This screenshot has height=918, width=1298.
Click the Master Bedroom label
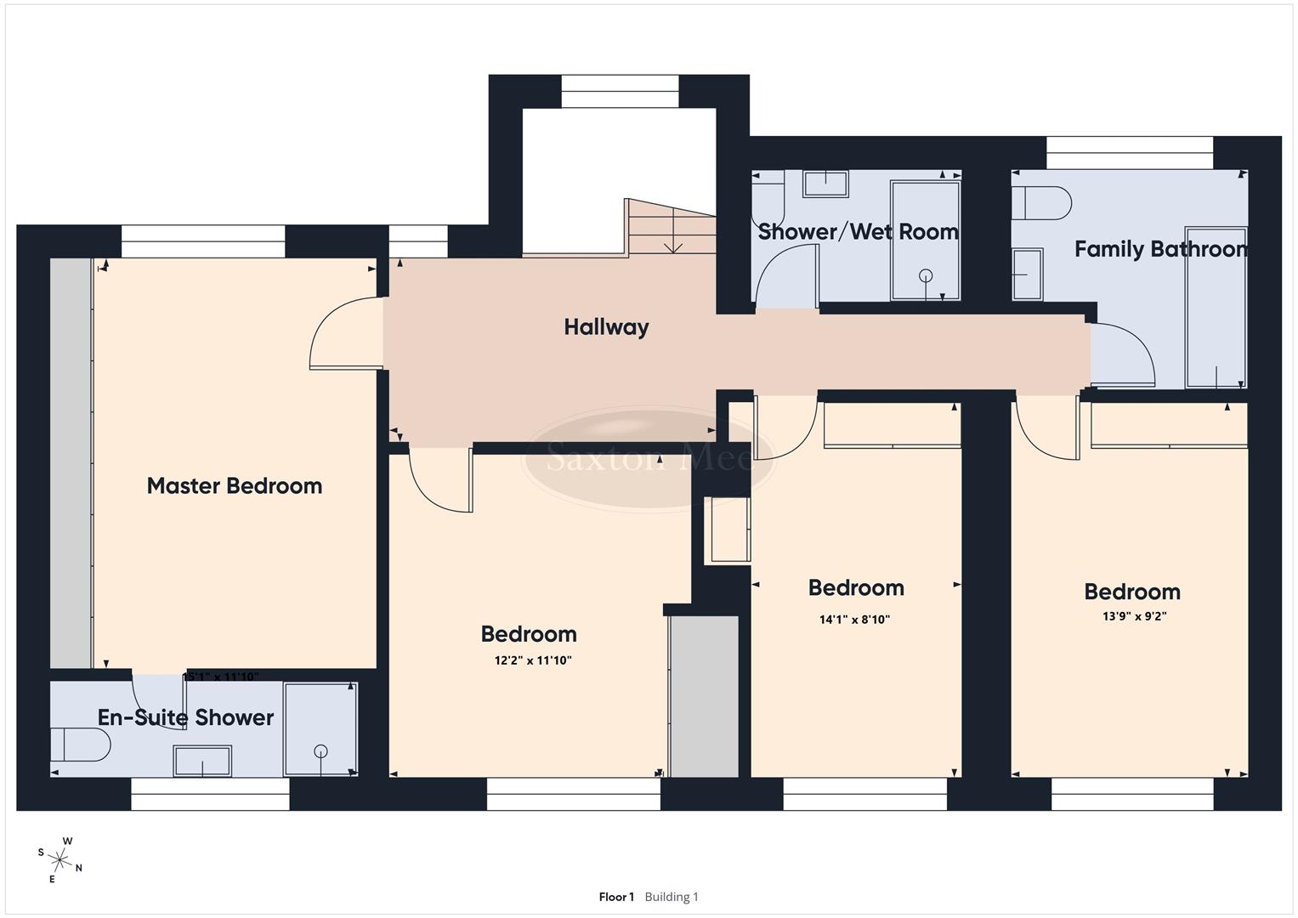(235, 486)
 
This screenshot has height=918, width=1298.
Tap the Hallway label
(606, 327)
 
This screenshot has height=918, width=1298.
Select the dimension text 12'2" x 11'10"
(529, 660)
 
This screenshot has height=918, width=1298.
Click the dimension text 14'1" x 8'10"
(854, 620)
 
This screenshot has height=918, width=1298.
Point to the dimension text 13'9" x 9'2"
(1134, 616)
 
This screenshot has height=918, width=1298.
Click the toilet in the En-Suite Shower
(80, 745)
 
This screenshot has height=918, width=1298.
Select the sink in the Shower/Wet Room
(825, 184)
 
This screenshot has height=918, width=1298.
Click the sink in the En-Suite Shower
(202, 761)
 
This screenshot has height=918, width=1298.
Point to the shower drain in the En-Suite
(320, 751)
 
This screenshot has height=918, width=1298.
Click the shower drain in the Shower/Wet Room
(926, 275)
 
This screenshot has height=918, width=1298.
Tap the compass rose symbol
(60, 858)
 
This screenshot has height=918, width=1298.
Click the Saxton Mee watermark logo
(649, 459)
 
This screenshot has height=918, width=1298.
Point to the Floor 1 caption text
(616, 897)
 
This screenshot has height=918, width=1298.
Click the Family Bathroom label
(1160, 249)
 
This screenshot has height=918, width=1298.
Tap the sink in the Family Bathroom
(1027, 274)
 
